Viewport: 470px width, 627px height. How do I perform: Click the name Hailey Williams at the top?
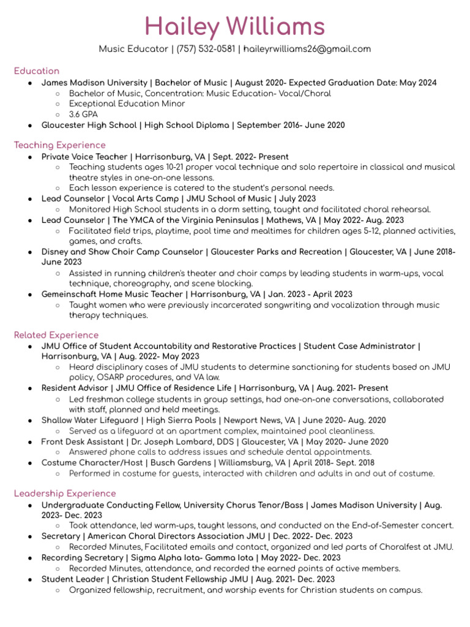pyautogui.click(x=235, y=26)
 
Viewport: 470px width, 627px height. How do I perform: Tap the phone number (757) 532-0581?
pyautogui.click(x=205, y=49)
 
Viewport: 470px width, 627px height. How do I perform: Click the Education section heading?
pyautogui.click(x=37, y=71)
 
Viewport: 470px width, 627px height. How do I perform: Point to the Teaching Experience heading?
pyautogui.click(x=59, y=145)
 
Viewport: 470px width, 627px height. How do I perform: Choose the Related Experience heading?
pyautogui.click(x=56, y=335)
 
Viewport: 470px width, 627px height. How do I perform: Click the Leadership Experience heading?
pyautogui.click(x=64, y=493)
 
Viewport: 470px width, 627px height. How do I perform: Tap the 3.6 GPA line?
pyautogui.click(x=83, y=115)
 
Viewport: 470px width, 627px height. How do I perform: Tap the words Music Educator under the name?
pyautogui.click(x=133, y=49)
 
